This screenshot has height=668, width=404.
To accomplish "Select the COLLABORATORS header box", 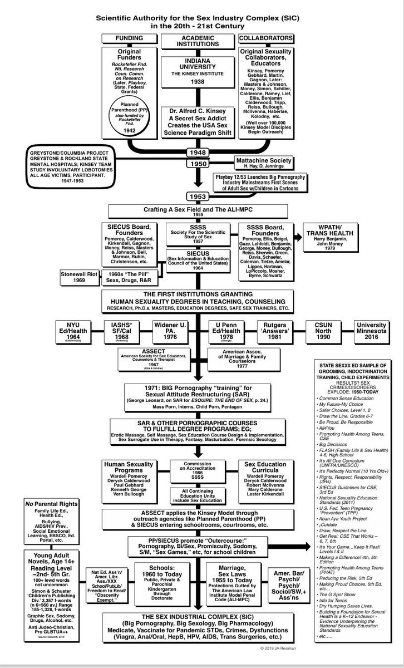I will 265,38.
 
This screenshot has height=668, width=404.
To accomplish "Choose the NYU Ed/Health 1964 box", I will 73,332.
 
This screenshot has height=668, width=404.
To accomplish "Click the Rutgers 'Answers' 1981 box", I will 278,332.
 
